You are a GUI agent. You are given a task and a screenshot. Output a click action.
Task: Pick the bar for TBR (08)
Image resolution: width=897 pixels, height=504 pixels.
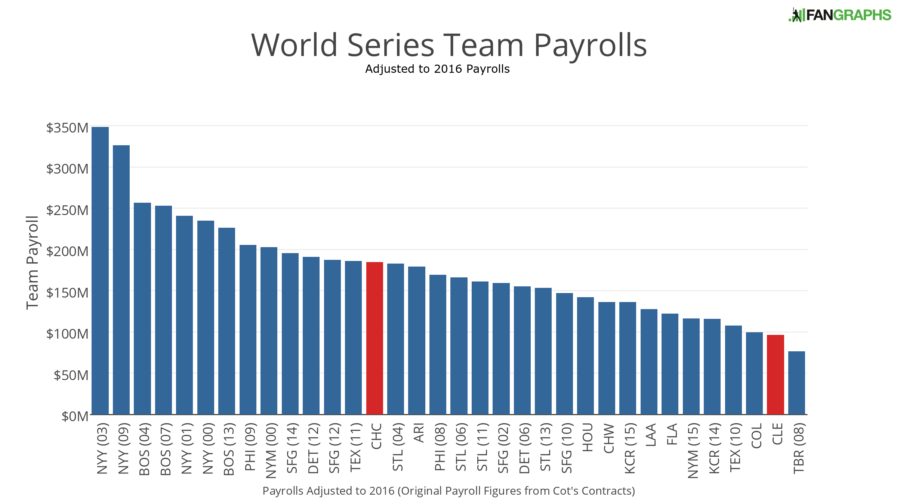(x=796, y=383)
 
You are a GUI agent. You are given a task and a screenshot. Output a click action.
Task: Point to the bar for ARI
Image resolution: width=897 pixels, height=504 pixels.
(x=417, y=340)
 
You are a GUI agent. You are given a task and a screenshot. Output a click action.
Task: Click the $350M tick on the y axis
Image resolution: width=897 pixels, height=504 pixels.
(x=67, y=128)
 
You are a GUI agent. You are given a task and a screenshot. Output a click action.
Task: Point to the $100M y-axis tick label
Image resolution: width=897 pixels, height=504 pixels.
(x=67, y=333)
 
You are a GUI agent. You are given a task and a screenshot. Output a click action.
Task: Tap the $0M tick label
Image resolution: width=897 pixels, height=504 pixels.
(x=75, y=416)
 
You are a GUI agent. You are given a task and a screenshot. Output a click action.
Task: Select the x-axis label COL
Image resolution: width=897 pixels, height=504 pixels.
(x=756, y=436)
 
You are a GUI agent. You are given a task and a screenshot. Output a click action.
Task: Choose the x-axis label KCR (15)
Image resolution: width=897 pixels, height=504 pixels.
(x=630, y=448)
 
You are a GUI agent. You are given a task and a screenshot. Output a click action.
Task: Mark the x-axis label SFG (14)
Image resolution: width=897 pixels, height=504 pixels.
(x=292, y=448)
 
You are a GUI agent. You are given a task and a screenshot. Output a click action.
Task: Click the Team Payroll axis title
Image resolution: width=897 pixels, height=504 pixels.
(x=33, y=262)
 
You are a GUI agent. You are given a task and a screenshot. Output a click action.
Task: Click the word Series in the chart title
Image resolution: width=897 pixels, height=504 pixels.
(x=391, y=46)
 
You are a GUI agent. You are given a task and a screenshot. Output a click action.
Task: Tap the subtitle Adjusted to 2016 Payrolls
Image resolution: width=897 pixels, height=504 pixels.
(x=437, y=69)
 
